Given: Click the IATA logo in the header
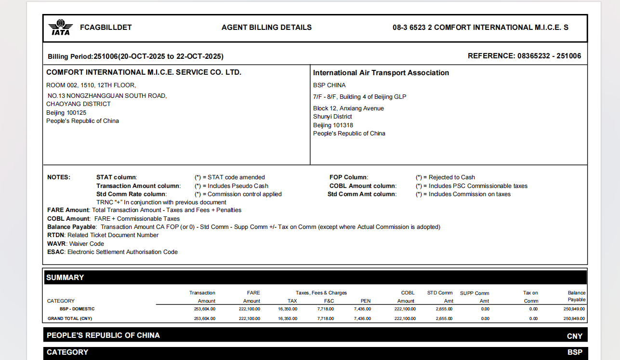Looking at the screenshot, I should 60,27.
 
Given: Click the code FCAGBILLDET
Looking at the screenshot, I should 106,27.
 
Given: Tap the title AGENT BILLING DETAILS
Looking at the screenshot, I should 266,27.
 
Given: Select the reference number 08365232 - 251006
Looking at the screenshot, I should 549,56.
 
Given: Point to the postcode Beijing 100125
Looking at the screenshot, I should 66,113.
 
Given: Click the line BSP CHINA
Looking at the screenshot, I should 329,85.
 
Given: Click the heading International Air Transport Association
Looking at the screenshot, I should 381,73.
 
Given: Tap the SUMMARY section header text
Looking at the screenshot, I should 65,278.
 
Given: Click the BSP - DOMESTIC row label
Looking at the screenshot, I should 77,309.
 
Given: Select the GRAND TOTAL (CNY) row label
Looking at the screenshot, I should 70,319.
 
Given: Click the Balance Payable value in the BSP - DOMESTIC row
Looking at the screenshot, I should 574,309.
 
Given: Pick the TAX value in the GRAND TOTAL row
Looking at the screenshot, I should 288,319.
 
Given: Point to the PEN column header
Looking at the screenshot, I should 366,301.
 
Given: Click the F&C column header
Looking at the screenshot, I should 329,301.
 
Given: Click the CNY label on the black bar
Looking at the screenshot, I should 574,336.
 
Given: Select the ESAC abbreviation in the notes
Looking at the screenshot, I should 55,252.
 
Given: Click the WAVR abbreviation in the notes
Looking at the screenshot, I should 56,244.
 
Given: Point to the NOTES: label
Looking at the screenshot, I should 59,177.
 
